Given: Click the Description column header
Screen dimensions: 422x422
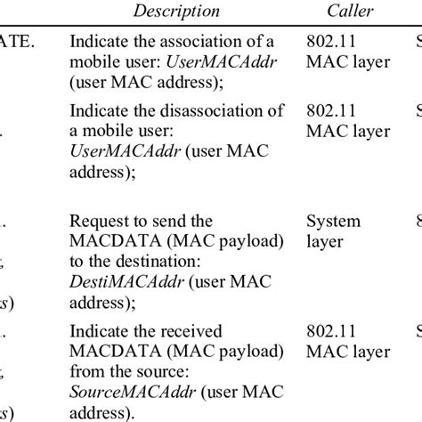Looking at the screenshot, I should [x=176, y=12].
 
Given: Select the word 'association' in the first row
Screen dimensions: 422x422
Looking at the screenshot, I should [x=211, y=42].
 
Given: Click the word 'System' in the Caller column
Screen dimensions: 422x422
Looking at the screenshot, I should [x=333, y=222].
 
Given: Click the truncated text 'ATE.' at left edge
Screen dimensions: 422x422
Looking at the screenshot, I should [x=16, y=42].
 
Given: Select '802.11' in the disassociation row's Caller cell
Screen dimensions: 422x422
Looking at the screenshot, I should [x=329, y=112].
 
